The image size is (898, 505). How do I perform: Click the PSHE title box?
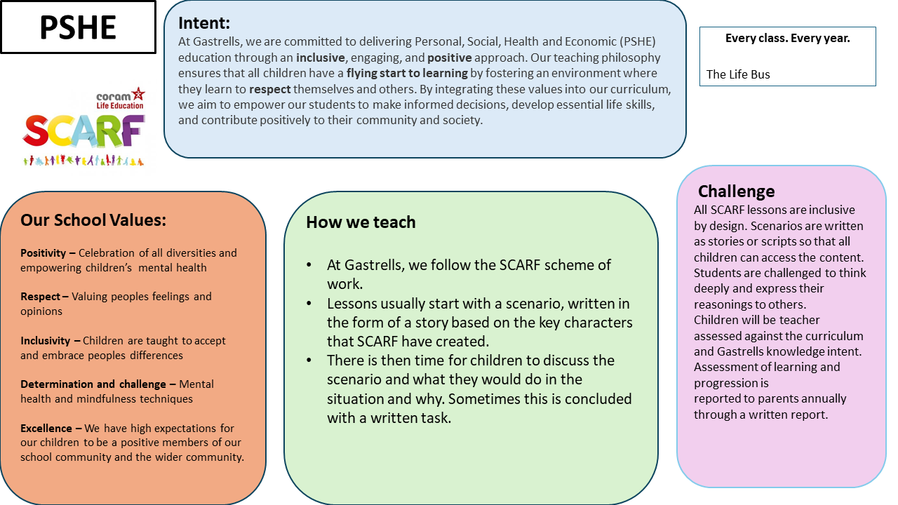tap(78, 27)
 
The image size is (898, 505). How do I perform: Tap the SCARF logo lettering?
tap(83, 131)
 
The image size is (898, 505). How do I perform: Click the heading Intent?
tap(204, 23)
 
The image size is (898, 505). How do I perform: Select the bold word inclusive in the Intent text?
tap(321, 58)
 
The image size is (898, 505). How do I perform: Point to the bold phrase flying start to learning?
tap(407, 73)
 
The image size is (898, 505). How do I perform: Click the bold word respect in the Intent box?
tap(270, 89)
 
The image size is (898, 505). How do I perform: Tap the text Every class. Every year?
tap(787, 39)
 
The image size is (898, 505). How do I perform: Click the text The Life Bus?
tap(737, 74)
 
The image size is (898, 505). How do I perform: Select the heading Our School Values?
tap(93, 220)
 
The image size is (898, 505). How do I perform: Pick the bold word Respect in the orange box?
tap(41, 297)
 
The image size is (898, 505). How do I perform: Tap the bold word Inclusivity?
tap(46, 341)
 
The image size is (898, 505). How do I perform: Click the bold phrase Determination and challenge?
tap(94, 384)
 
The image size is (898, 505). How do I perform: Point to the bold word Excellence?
tap(46, 428)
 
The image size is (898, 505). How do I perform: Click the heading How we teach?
tap(361, 222)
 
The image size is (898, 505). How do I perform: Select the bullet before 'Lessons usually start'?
tap(309, 304)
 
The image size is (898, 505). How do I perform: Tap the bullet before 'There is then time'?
tap(309, 361)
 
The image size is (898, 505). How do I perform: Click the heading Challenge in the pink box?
tap(736, 191)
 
